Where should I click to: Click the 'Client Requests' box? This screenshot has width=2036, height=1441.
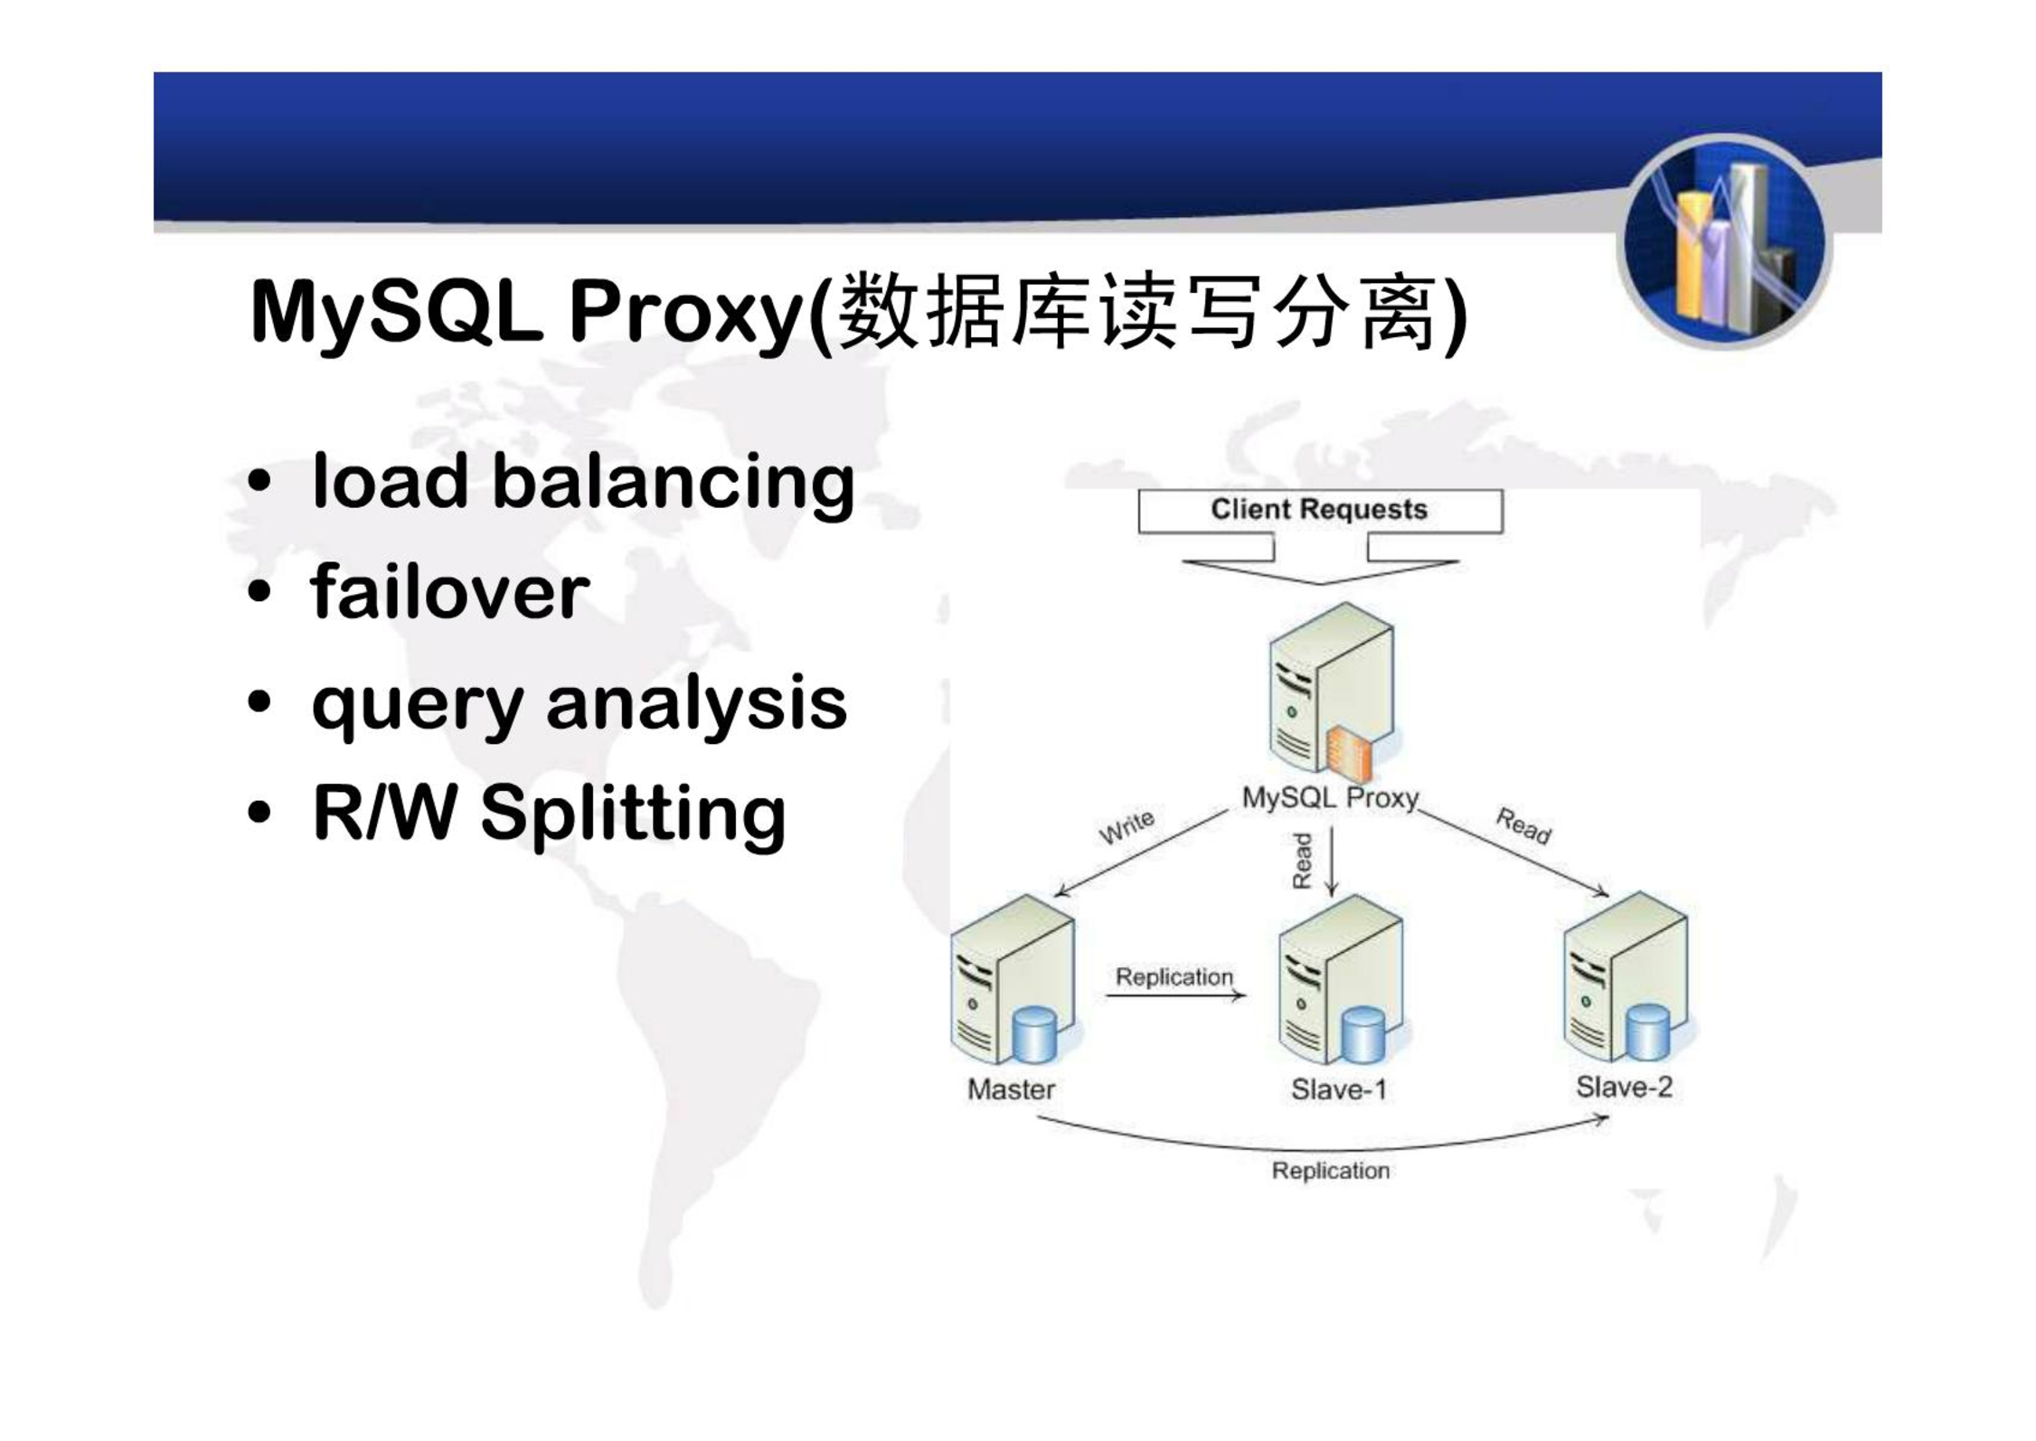point(1320,511)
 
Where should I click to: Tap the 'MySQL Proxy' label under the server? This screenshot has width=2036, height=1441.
point(1330,798)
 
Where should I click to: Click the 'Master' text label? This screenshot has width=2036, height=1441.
point(1011,1089)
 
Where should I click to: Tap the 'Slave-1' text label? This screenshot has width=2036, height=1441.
point(1339,1089)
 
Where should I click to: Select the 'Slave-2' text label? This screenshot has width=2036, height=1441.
point(1625,1087)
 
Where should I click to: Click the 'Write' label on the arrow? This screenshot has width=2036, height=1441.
point(1126,826)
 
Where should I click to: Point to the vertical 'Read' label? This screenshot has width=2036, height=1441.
point(1302,861)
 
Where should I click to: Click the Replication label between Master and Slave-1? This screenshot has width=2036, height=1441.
point(1174,977)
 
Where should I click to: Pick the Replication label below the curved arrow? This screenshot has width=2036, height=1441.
point(1331,1171)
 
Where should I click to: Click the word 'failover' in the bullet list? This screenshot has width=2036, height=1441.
point(450,591)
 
